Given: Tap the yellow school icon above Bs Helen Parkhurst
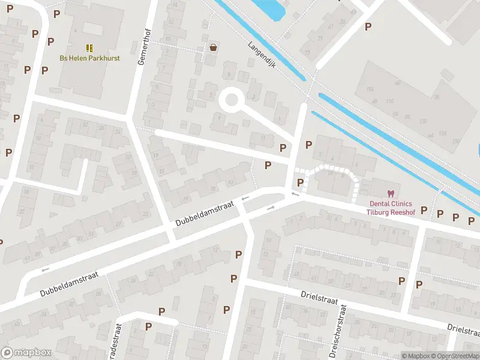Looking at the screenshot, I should [x=89, y=47].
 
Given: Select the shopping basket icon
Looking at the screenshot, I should [x=212, y=47].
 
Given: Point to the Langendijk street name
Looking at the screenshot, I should [x=261, y=55].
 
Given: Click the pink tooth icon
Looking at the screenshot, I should [x=391, y=193].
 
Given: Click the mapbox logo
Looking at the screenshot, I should [x=25, y=353].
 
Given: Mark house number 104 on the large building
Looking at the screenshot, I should [x=370, y=89].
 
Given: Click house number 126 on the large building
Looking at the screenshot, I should [x=443, y=132].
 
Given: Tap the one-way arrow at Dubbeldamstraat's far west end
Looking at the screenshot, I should [x=44, y=269].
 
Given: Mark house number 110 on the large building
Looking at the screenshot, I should [x=391, y=101].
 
